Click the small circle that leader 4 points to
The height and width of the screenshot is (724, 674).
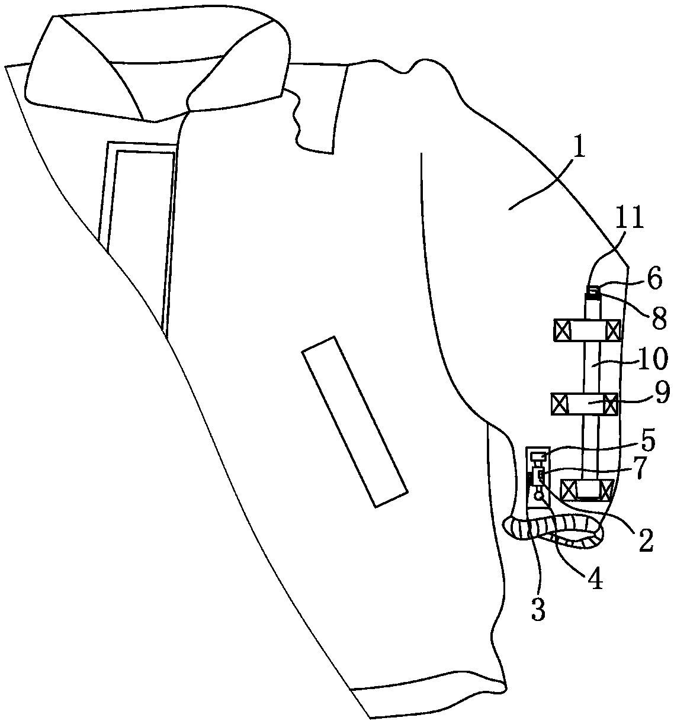point(538,496)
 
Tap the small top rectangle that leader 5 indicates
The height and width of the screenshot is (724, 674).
point(539,457)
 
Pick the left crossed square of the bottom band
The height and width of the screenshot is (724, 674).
point(567,491)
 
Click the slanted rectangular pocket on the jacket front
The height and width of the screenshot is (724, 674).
point(355,421)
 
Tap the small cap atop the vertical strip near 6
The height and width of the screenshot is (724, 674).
point(593,290)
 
